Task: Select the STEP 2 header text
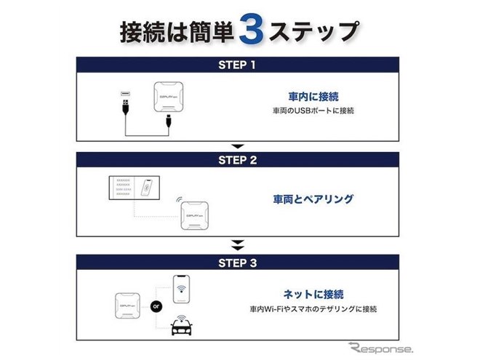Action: pyautogui.click(x=237, y=159)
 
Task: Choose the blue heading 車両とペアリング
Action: pyautogui.click(x=315, y=197)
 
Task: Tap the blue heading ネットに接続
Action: pyautogui.click(x=314, y=294)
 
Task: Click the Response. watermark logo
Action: pyautogui.click(x=385, y=348)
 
